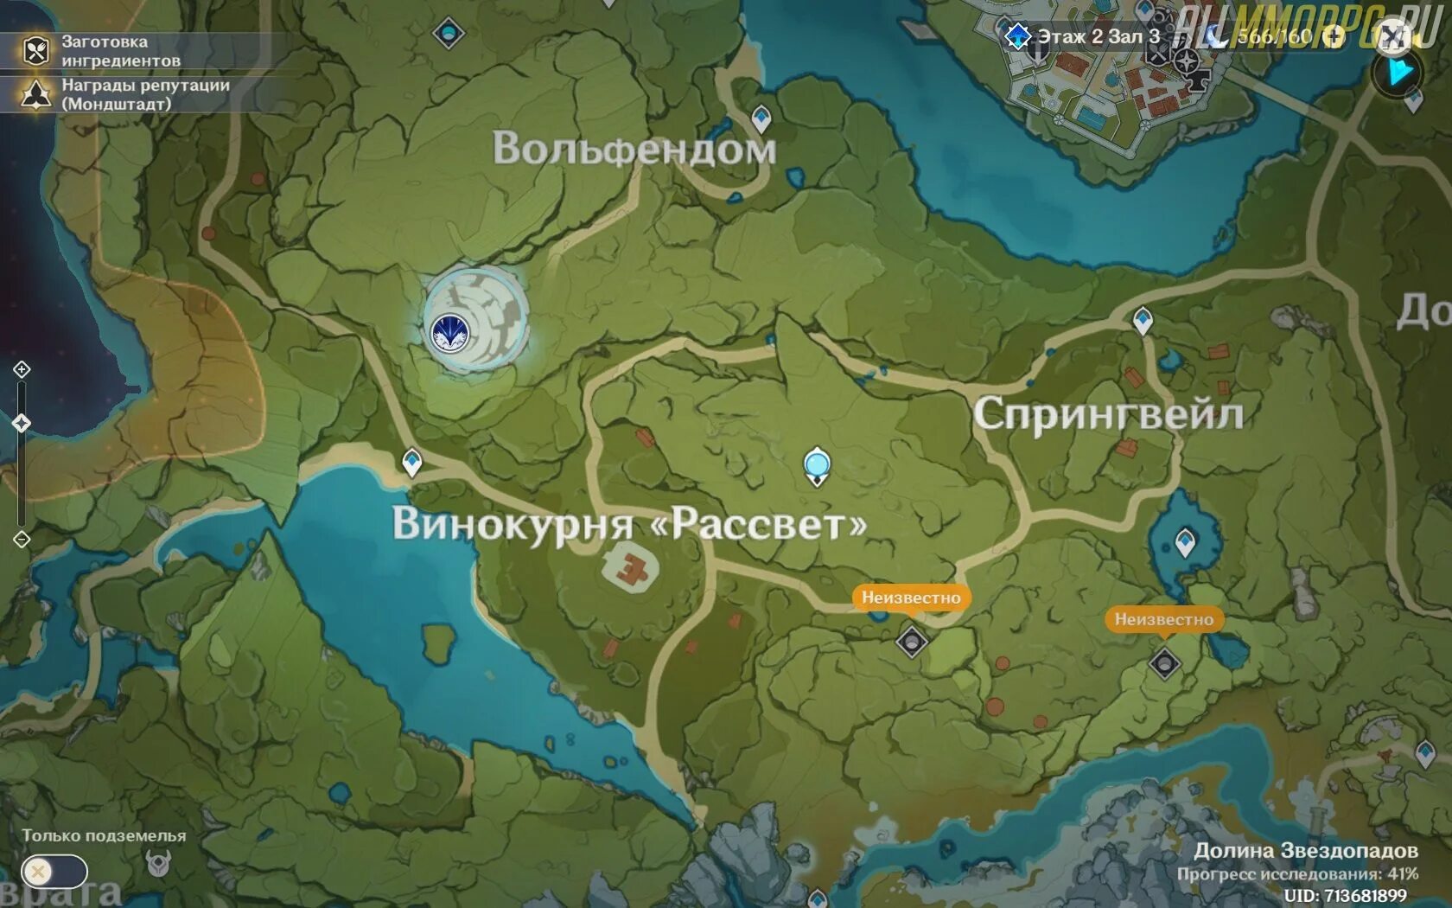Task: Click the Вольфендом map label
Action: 634,149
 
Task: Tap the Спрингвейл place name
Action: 1108,414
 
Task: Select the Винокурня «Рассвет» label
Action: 629,524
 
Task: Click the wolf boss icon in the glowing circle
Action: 449,332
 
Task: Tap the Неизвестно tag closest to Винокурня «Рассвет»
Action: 910,598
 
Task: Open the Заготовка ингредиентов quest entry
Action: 120,51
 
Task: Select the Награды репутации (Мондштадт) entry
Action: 144,94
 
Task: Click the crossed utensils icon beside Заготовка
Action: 35,51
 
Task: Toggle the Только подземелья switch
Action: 54,872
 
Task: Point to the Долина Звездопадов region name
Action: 1305,851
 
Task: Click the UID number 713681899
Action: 1345,896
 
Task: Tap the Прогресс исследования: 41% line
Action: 1296,874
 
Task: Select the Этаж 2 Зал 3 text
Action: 1098,36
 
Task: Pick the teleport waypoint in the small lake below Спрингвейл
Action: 1185,542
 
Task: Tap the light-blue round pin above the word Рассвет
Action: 817,465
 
